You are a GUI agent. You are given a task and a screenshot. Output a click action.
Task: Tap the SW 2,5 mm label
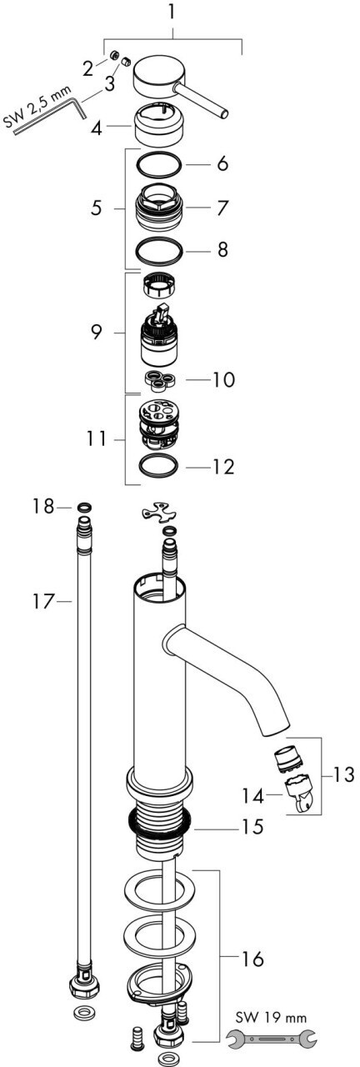[x=37, y=107]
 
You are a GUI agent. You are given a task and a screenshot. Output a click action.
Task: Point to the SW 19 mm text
[x=271, y=1014]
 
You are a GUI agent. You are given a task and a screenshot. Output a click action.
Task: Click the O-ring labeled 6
[x=159, y=165]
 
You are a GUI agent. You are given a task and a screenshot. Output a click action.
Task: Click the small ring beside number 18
[x=84, y=507]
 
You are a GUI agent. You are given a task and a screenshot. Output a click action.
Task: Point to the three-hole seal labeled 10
[x=161, y=378]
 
